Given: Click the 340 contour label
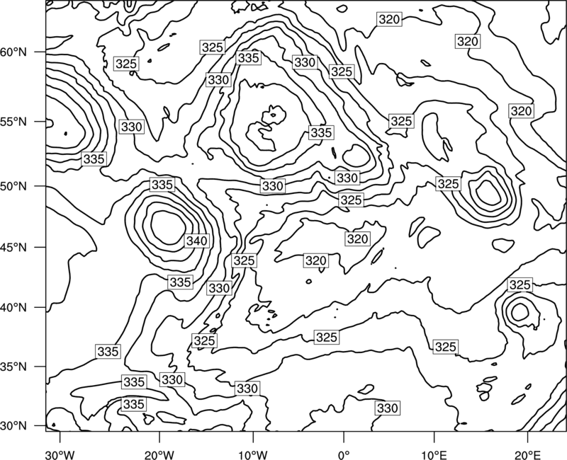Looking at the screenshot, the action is (x=197, y=241).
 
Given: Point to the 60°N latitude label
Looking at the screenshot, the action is (x=13, y=52).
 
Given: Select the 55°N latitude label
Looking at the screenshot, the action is (x=13, y=122).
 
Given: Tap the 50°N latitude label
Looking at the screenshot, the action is (x=13, y=186).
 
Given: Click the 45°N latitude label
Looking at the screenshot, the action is (x=13, y=247).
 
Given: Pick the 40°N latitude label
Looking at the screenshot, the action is (x=13, y=308).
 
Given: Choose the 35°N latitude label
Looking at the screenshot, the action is (x=13, y=367).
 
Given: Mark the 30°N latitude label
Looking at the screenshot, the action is (x=13, y=426).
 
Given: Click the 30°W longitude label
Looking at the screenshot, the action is (x=60, y=455).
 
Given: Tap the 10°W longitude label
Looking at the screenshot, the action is (x=253, y=455).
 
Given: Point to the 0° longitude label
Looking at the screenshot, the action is (x=344, y=455).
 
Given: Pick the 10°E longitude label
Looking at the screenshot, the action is (x=434, y=455).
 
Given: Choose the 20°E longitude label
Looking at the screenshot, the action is (x=527, y=455).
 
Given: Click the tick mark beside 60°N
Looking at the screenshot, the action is (x=40, y=52).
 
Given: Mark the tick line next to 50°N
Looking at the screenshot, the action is (x=40, y=186).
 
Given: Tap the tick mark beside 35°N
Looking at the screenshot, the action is (x=40, y=367).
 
